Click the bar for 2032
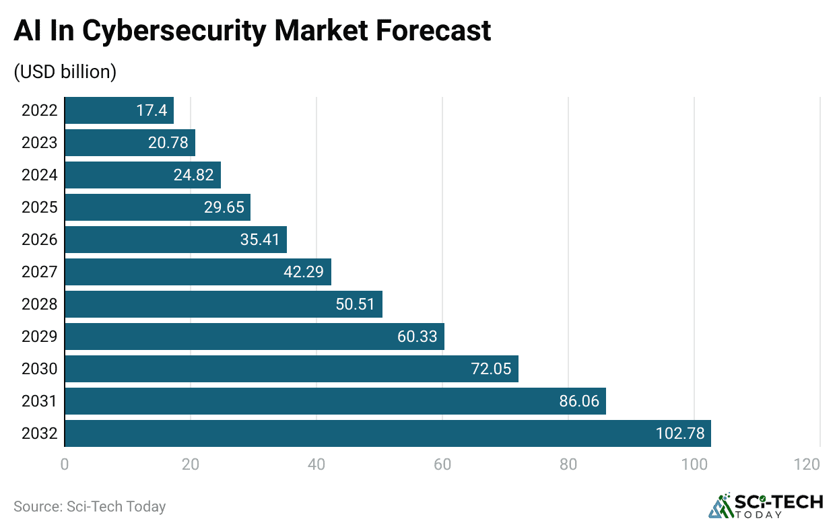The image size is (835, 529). coord(387,433)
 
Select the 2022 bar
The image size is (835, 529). coord(119,110)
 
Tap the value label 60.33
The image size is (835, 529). coord(417,337)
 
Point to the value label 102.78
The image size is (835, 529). coord(680,433)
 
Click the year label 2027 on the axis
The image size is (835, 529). coord(39,272)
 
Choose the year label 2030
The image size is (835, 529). coord(39,369)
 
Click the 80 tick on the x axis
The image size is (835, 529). coord(568,464)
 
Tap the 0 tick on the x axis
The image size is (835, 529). coord(65,464)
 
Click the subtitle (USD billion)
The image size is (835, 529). coord(65,72)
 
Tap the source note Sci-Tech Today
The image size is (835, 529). coord(90,506)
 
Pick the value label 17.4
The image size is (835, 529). coord(152,110)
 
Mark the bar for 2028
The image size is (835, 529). coord(223,304)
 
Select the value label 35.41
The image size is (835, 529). coord(260,240)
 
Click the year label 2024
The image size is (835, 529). coord(39,175)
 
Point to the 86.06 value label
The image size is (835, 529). coord(579,401)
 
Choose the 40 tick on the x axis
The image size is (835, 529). coord(316,464)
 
